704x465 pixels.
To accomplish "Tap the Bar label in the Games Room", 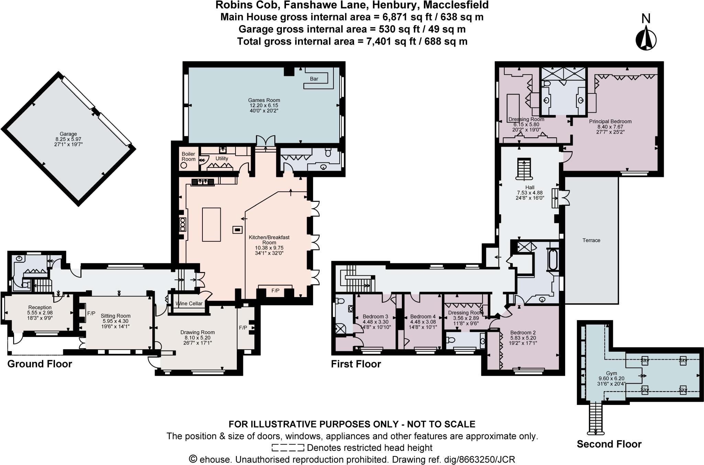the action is [314, 79].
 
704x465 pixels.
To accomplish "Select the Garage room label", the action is [68, 134].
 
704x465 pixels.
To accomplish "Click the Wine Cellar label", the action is [189, 304].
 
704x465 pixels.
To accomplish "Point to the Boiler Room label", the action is [188, 156].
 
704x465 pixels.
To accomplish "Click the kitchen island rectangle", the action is [211, 225].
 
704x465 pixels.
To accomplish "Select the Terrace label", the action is [591, 240].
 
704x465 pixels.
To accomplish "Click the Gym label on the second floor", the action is [611, 373].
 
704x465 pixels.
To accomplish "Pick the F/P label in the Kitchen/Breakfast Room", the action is [275, 291].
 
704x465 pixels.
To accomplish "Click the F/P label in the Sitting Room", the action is [91, 313].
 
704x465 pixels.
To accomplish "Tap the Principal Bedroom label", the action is [610, 121].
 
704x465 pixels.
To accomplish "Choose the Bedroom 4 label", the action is [422, 316].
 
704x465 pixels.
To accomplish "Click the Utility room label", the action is [222, 158].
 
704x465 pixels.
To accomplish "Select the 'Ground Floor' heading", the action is [40, 364].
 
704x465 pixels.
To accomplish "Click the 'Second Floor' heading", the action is [609, 444].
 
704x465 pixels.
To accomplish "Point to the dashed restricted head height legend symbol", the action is [288, 448].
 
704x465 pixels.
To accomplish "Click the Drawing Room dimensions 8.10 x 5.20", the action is [197, 338].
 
